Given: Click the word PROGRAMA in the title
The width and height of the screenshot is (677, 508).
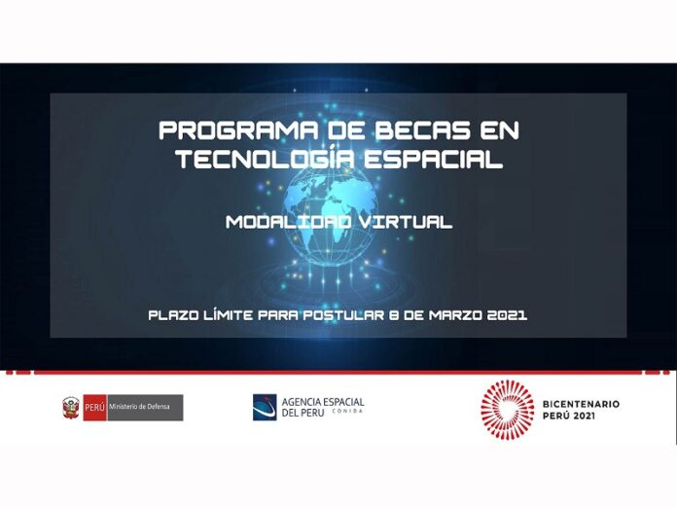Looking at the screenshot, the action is tap(239, 130).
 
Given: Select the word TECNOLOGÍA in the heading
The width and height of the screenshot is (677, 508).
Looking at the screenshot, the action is tap(267, 158).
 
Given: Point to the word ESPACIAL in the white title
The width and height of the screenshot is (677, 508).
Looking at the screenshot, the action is tap(433, 159).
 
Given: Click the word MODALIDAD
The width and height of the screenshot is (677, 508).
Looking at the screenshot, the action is tap(289, 222).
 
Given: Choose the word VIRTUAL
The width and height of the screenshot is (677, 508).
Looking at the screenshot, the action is tap(405, 222).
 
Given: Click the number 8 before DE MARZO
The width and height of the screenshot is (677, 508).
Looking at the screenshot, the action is tap(393, 315).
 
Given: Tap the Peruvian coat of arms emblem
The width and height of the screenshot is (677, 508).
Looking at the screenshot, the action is tap(71, 408).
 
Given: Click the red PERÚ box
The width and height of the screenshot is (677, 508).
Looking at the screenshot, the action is tap(94, 408).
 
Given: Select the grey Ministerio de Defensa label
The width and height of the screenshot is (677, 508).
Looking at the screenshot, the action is tap(145, 408).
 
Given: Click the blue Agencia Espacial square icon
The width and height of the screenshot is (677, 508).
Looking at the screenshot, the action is tap(265, 407).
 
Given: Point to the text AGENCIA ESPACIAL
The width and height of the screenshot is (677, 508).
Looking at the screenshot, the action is tap(323, 402).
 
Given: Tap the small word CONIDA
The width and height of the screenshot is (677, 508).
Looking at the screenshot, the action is tap(347, 412).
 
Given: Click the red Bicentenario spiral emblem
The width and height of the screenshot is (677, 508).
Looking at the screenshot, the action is tap(508, 409).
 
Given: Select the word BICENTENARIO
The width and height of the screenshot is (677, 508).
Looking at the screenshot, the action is tap(581, 404).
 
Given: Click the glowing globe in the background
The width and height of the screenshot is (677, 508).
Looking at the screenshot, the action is tap(331, 215).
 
